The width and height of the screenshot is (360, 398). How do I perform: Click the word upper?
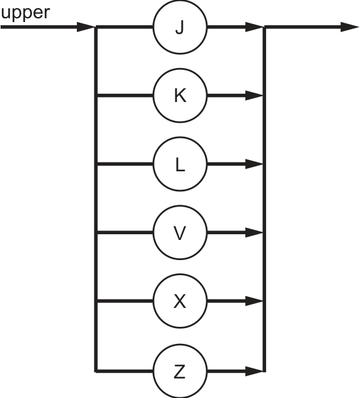pos(25,13)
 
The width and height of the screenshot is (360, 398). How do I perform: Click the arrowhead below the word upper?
pos(86,27)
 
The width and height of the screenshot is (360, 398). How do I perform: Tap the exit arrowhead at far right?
pos(349,27)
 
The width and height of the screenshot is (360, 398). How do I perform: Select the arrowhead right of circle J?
pos(254,27)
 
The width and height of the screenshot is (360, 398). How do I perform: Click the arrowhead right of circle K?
pos(254,96)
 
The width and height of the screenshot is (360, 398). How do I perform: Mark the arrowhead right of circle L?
pos(254,164)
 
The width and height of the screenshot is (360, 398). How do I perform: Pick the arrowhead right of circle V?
pos(254,232)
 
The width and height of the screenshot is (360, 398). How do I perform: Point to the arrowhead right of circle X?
pos(254,301)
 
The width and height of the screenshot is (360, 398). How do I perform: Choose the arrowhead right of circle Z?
pos(254,372)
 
